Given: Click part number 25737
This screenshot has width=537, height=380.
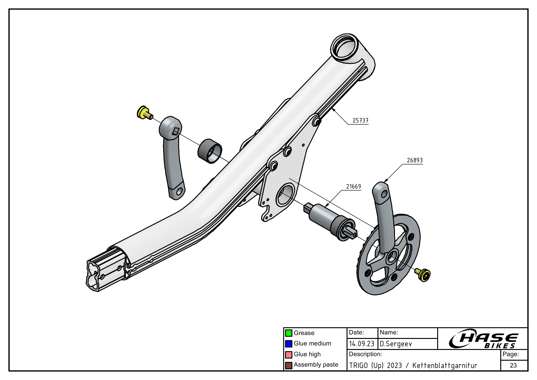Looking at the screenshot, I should (360, 121).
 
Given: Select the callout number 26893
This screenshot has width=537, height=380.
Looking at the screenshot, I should (415, 160).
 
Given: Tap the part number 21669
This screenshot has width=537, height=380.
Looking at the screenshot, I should (353, 186).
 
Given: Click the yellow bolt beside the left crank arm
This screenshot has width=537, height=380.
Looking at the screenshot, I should (144, 113).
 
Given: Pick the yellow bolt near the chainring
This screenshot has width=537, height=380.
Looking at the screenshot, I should (424, 274).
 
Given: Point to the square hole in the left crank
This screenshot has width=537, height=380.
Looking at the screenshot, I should (175, 132).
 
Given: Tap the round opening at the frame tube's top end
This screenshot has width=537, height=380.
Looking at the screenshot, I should (345, 47).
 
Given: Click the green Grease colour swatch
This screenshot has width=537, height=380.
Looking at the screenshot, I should (288, 333).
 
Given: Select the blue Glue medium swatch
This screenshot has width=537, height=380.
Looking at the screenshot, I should (288, 344).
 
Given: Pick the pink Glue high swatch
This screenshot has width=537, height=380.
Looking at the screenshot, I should (288, 355).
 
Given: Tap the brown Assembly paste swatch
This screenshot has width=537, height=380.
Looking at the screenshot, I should (288, 365).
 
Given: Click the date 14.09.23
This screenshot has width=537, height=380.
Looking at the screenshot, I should (362, 344).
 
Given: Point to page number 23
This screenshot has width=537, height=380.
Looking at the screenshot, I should (513, 365).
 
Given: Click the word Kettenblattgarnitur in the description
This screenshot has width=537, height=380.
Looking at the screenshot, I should (445, 365).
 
